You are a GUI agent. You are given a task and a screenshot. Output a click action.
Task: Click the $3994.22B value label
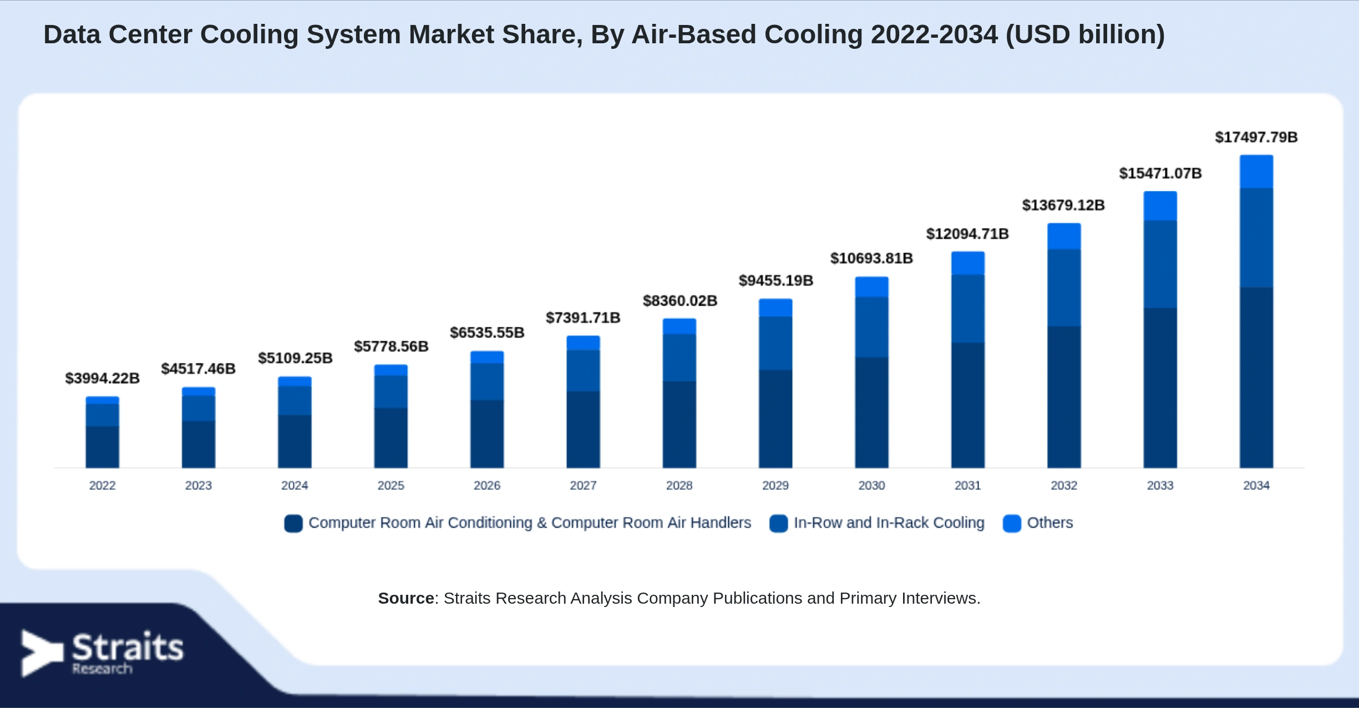pos(103,378)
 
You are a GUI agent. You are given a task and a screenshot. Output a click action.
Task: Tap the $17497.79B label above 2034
pos(1256,137)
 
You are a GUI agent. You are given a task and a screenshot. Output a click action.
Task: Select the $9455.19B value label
pos(775,281)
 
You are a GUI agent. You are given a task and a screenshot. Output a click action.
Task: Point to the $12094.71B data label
pos(967,234)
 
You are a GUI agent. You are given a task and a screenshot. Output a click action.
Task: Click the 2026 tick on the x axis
pos(487,486)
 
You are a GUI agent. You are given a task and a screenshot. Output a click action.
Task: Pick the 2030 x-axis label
pos(871,486)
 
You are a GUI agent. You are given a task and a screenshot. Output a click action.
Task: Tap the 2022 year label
pos(103,486)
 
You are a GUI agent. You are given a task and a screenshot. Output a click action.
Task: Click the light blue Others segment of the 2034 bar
pos(1256,172)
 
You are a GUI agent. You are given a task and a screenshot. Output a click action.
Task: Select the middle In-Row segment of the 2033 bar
pos(1160,265)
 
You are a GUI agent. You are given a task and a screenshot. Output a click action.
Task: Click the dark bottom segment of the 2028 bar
pos(679,424)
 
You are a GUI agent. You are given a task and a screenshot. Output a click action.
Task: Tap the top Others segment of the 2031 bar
pos(968,264)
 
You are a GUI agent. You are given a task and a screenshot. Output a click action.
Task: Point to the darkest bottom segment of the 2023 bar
pos(199,444)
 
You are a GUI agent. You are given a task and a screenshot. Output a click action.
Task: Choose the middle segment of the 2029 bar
pos(775,343)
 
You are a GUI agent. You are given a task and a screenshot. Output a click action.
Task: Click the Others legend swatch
pos(1012,523)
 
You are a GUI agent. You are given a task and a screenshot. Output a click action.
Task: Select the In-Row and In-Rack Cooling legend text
pos(889,523)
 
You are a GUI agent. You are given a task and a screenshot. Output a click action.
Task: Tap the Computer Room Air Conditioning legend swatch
pos(293,523)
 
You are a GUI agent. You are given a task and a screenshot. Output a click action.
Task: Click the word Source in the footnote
pos(406,598)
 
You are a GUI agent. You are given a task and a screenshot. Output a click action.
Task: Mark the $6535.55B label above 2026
pos(487,333)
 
